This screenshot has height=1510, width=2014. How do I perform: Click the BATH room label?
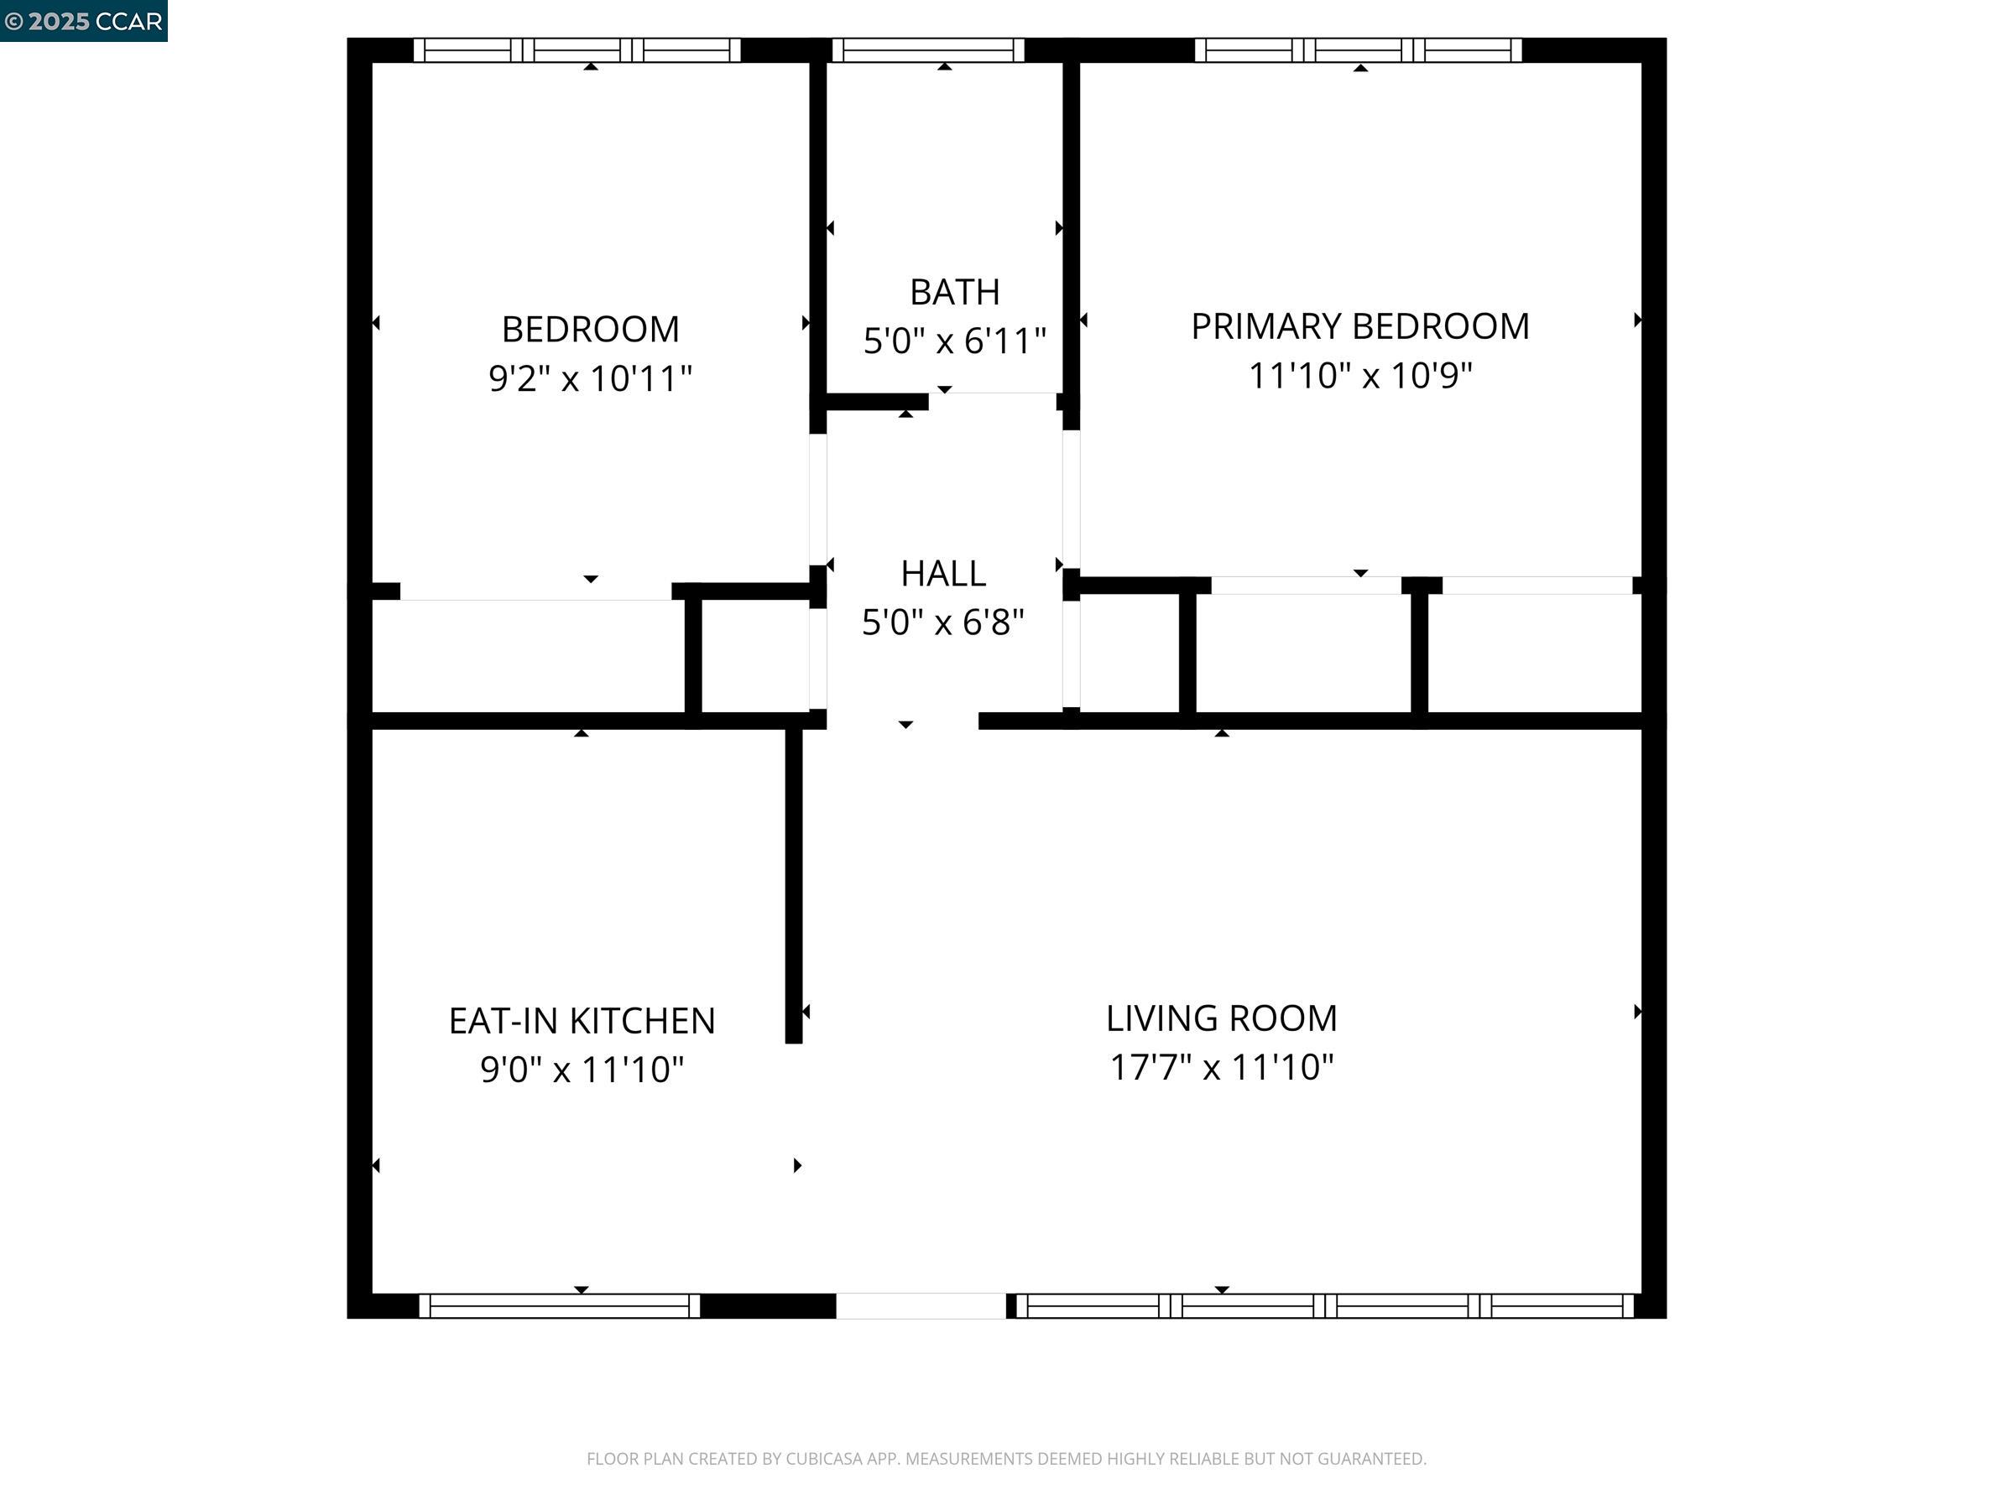954,292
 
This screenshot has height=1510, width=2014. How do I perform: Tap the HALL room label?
943,574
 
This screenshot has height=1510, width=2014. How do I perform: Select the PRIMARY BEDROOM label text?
1359,325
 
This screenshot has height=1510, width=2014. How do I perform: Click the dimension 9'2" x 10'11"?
590,377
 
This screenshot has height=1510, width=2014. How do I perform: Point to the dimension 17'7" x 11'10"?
1221,1067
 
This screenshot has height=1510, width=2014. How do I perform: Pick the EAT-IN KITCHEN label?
582,1020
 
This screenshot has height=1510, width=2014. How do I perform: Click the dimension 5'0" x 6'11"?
954,341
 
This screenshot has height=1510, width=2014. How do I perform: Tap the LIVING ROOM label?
1221,1018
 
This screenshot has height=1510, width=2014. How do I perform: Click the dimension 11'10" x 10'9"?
1359,375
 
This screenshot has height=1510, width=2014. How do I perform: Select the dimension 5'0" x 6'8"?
943,622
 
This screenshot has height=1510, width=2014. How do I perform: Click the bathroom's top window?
928,50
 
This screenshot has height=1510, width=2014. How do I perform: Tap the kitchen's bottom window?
559,1305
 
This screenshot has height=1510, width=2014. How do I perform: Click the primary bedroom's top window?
1358,50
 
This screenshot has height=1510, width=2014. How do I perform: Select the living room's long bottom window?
1325,1305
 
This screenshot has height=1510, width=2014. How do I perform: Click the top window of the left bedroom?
577,50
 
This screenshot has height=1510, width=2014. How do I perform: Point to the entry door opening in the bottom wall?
921,1305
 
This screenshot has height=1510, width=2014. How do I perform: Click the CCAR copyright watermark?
84,21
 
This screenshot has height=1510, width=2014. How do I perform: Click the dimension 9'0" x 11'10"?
582,1070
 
